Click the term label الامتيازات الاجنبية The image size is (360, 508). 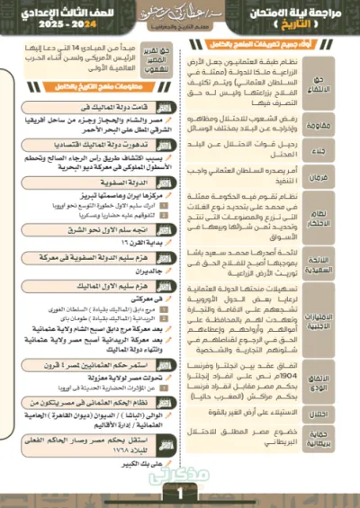339,322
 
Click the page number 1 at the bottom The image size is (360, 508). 180,493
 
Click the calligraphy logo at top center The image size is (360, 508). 180,13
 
